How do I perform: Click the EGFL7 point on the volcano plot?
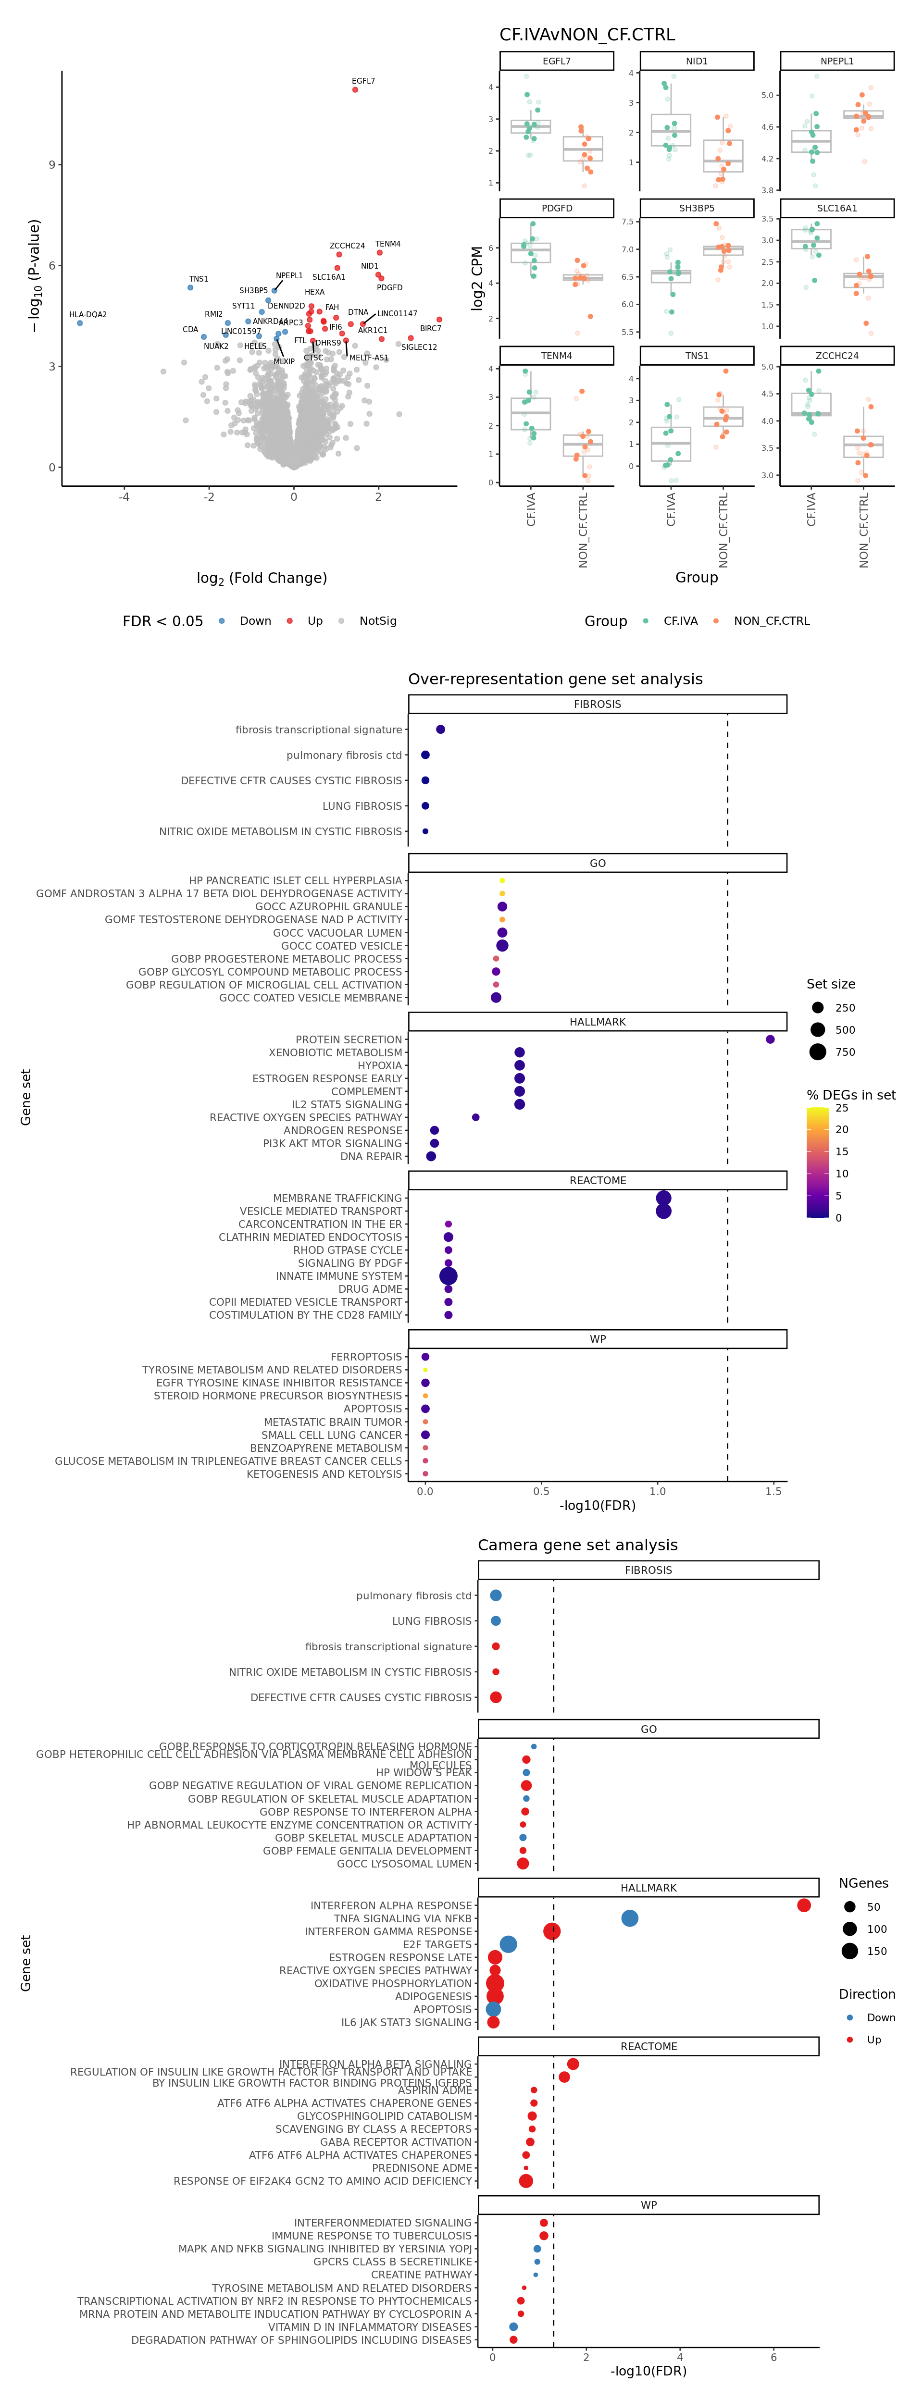click(355, 89)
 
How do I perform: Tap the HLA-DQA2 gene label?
click(87, 315)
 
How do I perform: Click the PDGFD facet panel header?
click(557, 209)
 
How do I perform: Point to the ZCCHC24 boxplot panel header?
click(836, 356)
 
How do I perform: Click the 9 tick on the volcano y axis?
click(51, 165)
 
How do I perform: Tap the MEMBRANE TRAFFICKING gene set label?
click(337, 1199)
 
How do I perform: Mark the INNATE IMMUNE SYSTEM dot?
click(448, 1276)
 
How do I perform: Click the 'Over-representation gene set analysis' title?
click(555, 679)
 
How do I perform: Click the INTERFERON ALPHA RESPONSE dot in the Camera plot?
click(804, 1905)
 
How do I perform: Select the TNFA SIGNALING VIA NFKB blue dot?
click(630, 1918)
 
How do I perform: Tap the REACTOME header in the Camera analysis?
click(648, 2046)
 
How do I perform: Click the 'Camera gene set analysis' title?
click(577, 1545)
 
